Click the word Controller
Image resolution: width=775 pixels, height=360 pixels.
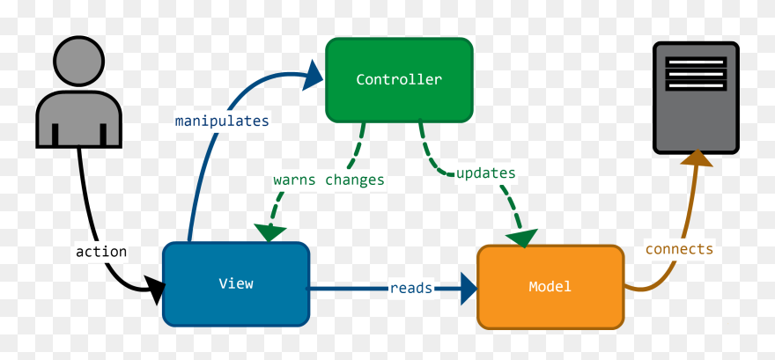[x=399, y=79]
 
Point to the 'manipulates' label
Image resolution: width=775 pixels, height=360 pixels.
[x=222, y=120]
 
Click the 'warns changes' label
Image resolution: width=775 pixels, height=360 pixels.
[x=328, y=180]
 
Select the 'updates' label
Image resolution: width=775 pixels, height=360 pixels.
[x=485, y=173]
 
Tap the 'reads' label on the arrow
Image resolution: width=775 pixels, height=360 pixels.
[x=411, y=288]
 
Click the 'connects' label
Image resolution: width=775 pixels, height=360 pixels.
[x=679, y=249]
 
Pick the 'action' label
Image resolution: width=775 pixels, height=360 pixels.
[x=101, y=252]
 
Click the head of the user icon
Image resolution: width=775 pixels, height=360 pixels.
[x=79, y=62]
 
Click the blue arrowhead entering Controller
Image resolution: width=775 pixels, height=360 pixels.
[x=314, y=75]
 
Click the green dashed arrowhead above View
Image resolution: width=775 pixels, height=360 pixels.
[x=271, y=231]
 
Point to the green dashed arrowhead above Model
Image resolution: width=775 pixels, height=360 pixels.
[x=522, y=237]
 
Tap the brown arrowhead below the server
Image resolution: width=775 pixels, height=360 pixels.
[x=697, y=158]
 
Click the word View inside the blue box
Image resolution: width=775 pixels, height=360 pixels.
[x=236, y=283]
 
